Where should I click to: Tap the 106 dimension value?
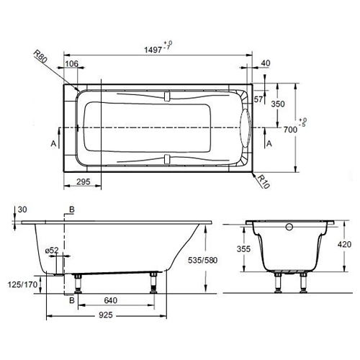coord(72,64)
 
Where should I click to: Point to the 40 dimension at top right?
coord(266,64)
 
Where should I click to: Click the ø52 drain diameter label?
coord(52,251)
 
